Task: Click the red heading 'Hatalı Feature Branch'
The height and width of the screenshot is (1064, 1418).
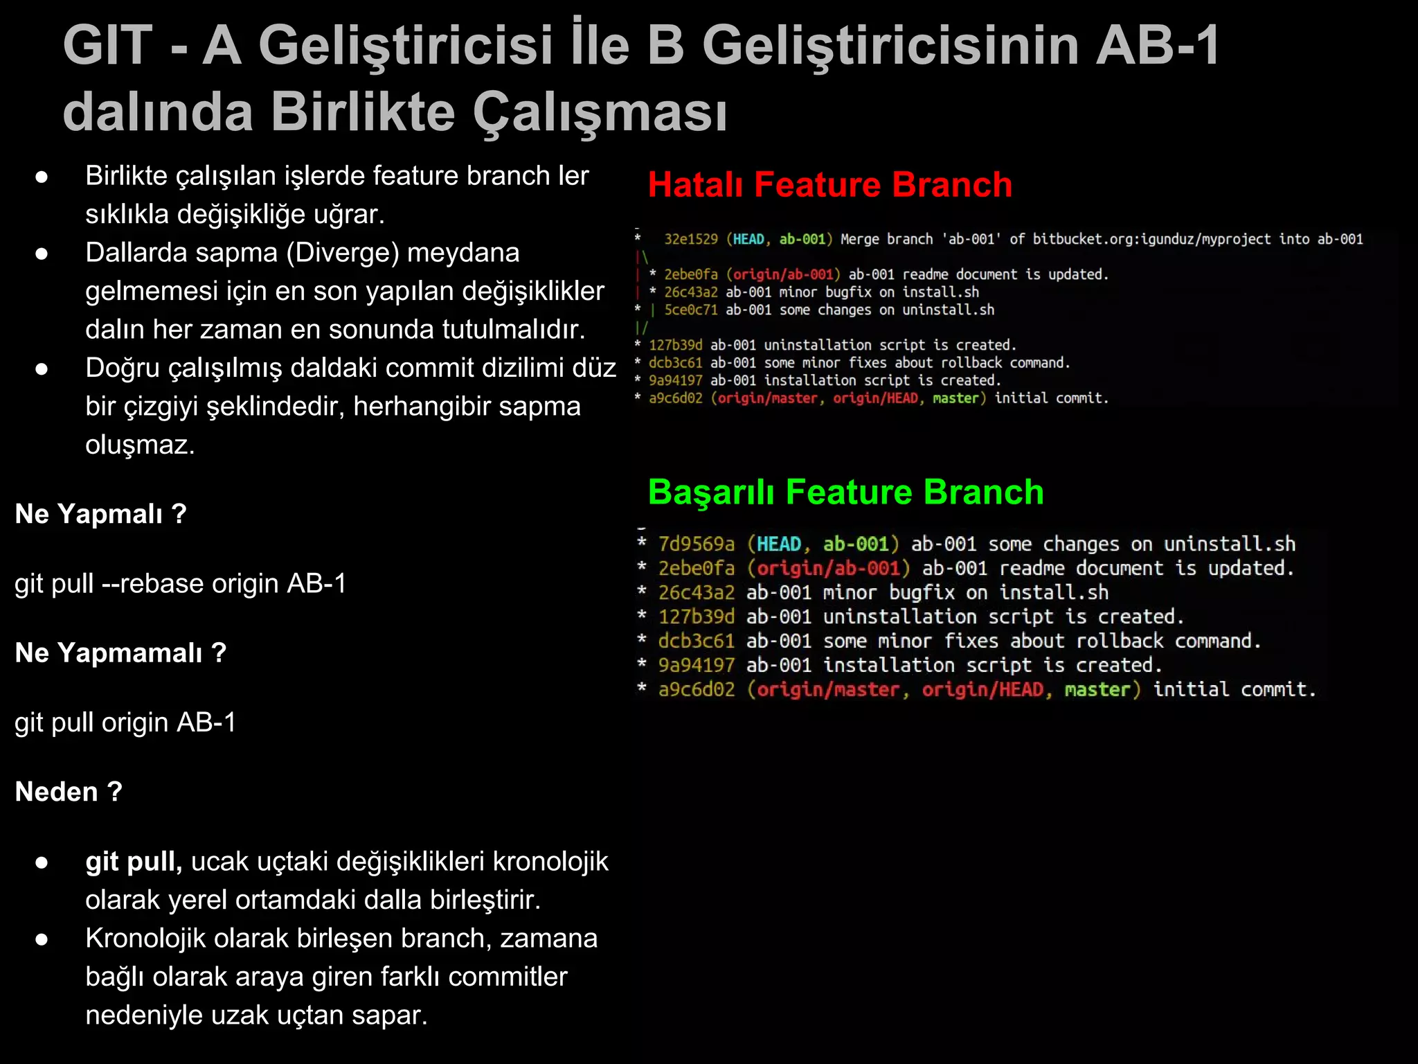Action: [829, 185]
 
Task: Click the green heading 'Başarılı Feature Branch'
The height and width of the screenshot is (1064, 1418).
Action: [845, 493]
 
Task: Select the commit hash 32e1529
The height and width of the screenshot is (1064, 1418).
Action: [691, 240]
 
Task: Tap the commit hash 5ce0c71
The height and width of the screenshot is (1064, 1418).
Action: [691, 310]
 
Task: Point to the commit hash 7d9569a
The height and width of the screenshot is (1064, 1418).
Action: [696, 544]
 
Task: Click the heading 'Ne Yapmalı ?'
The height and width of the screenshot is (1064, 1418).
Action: [101, 514]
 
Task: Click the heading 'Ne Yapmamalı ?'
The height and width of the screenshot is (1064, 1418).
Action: [120, 653]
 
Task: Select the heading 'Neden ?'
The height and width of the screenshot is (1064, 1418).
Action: [69, 792]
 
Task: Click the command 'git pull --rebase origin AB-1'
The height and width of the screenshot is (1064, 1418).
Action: [181, 584]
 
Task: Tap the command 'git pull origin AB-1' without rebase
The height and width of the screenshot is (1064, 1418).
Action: [125, 722]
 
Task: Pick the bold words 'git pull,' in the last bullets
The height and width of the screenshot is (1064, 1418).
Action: [134, 862]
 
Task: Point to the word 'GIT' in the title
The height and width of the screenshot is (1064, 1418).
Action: [107, 46]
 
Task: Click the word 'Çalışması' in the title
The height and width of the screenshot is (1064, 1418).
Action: [600, 112]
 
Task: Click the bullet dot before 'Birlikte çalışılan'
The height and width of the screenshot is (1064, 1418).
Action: [42, 177]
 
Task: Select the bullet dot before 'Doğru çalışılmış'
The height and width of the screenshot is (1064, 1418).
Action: [42, 369]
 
